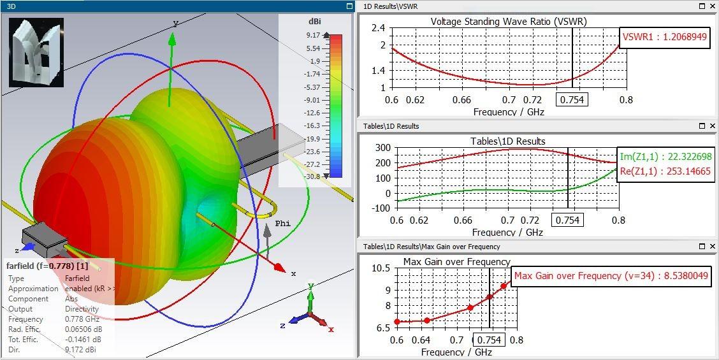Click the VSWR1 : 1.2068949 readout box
pyautogui.click(x=665, y=37)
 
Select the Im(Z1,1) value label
pyautogui.click(x=665, y=157)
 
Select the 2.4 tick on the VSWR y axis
pyautogui.click(x=378, y=28)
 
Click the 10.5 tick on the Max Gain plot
pyautogui.click(x=380, y=268)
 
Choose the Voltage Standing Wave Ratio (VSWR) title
pyautogui.click(x=508, y=21)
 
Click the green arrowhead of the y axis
pyautogui.click(x=171, y=39)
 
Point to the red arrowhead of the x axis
pyautogui.click(x=279, y=267)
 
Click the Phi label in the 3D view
pyautogui.click(x=282, y=224)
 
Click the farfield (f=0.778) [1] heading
pyautogui.click(x=47, y=265)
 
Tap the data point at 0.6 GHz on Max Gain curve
pyautogui.click(x=397, y=322)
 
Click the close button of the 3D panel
pyautogui.click(x=349, y=6)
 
